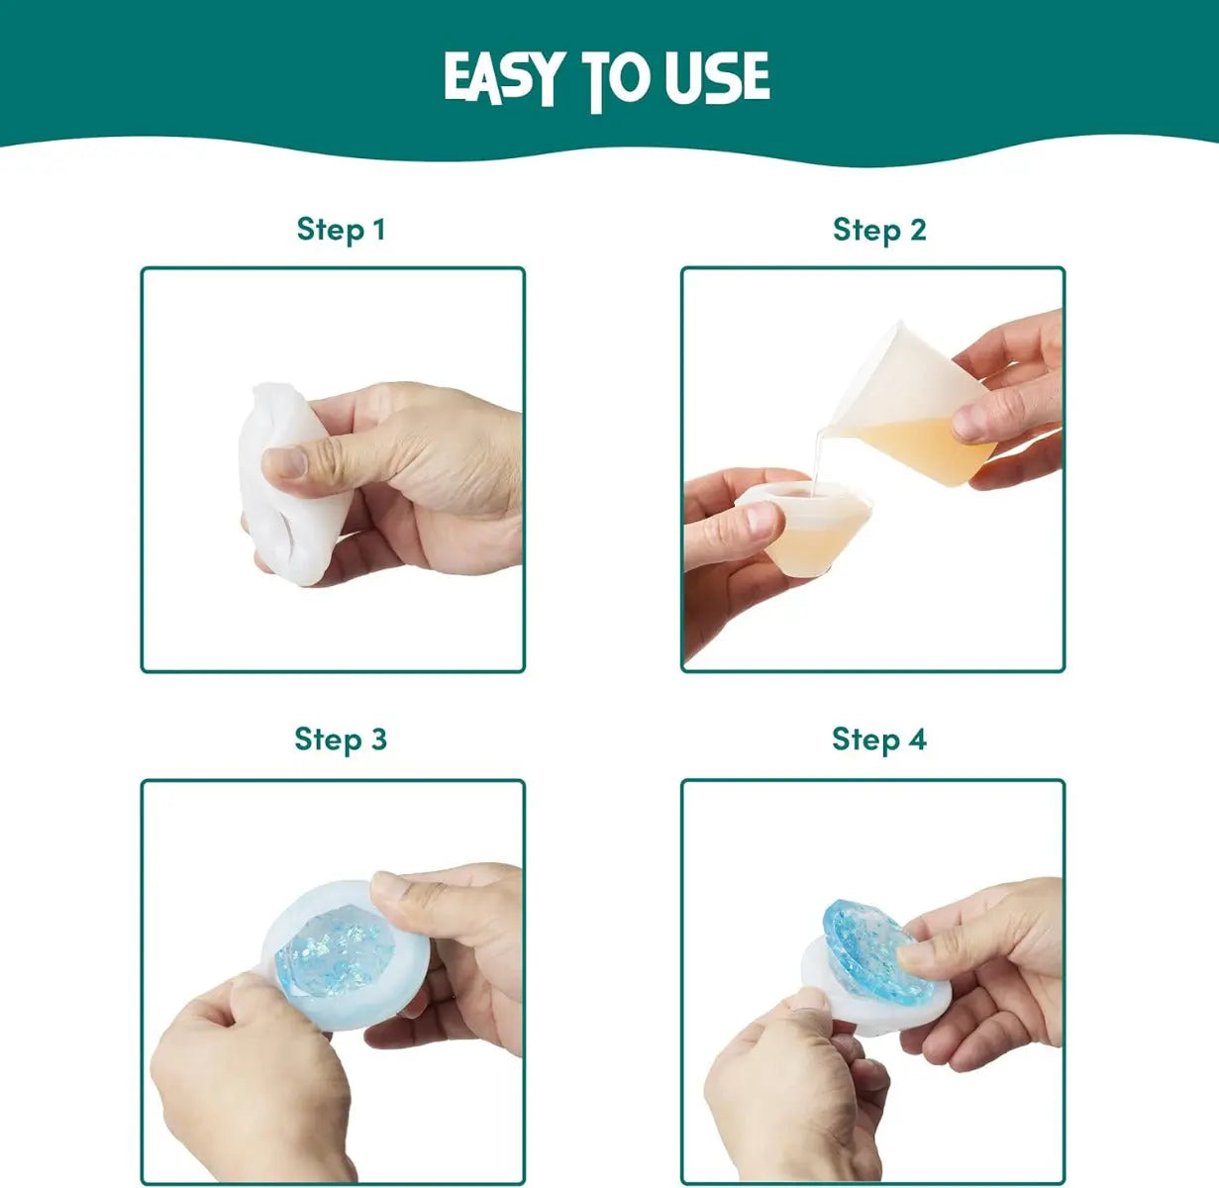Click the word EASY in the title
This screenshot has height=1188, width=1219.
tap(500, 77)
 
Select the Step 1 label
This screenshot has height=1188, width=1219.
tap(341, 230)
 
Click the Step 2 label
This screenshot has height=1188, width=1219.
tap(879, 230)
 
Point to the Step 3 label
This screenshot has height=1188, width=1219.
tap(341, 739)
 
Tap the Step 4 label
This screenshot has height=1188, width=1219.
tap(879, 739)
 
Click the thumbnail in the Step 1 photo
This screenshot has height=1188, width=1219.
tap(284, 462)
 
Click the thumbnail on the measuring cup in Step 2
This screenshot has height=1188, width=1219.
tap(969, 421)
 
